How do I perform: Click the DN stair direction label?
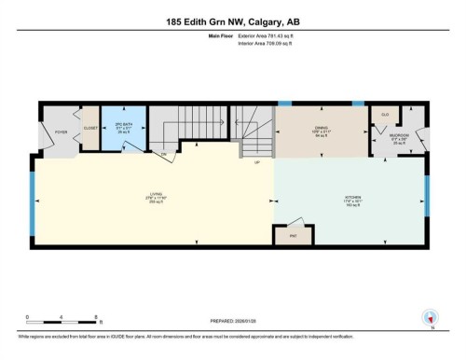pos(164,152)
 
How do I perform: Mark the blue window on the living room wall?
pos(34,201)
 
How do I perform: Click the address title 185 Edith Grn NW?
pos(232,20)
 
